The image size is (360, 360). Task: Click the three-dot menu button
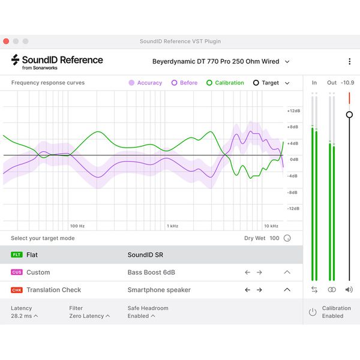click(x=349, y=61)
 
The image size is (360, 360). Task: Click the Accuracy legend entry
click(x=145, y=83)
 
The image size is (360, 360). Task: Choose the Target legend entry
click(x=266, y=83)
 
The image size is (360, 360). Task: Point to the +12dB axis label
click(x=293, y=111)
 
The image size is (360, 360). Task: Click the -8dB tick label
click(x=293, y=193)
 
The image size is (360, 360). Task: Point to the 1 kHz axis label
click(x=173, y=226)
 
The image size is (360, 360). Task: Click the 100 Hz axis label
click(x=77, y=226)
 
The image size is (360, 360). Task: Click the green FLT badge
click(x=16, y=255)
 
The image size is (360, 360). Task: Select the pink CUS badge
click(x=16, y=272)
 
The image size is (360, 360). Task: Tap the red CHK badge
click(x=16, y=290)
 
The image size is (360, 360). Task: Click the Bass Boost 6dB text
click(x=151, y=272)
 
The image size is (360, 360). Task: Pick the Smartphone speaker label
click(x=159, y=290)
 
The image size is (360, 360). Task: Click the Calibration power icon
click(x=313, y=312)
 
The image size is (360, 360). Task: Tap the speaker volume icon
click(x=349, y=289)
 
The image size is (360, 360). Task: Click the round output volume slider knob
click(x=349, y=115)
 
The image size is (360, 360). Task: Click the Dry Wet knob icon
click(x=287, y=238)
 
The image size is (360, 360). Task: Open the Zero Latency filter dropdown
click(x=89, y=316)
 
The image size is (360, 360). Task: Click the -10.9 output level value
click(x=347, y=83)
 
